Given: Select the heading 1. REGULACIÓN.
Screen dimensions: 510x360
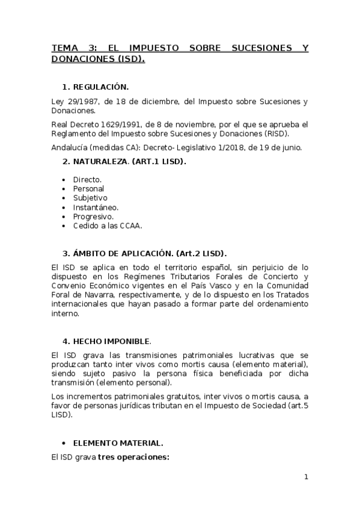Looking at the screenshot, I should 96,87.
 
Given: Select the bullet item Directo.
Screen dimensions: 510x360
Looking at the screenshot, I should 87,179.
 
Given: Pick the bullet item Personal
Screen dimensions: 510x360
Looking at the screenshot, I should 88,188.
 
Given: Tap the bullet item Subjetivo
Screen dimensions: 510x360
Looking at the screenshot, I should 90,197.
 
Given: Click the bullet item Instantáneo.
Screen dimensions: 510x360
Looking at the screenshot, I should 96,207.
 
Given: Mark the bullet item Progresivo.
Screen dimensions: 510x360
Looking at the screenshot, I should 93,216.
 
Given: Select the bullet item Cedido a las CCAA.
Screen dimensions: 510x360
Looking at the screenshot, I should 107,226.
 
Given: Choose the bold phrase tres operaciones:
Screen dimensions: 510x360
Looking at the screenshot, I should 134,457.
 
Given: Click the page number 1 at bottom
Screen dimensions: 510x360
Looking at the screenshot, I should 306,478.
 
